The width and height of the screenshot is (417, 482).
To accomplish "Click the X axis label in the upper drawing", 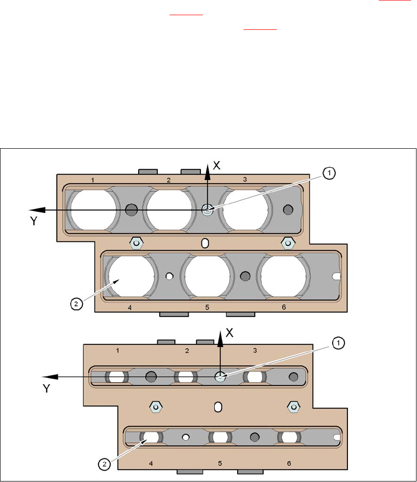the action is tap(216, 165).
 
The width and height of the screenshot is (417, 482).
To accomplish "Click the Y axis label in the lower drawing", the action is tap(47, 388).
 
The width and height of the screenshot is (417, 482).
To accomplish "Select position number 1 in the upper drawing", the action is tap(93, 180).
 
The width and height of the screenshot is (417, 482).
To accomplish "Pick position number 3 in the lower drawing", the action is tap(254, 350).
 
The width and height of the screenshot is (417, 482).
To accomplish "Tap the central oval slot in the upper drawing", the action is tap(206, 243).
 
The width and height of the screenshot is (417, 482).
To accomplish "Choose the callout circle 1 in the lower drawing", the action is tap(338, 344).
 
